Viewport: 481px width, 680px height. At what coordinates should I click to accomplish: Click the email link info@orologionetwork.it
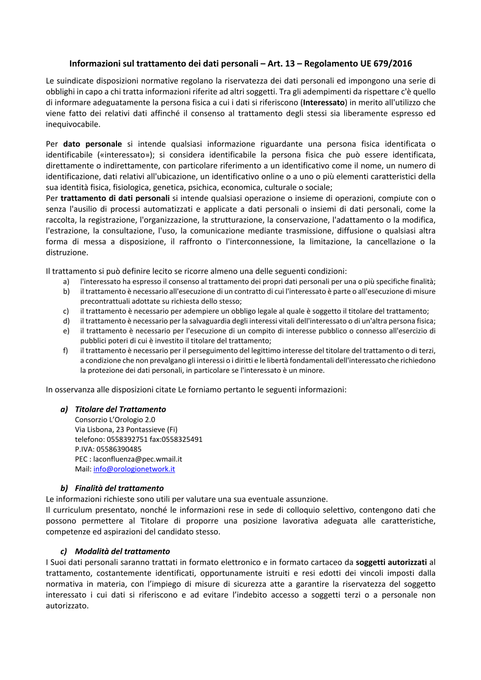134,469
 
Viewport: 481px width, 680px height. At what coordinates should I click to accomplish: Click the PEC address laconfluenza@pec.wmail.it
138,459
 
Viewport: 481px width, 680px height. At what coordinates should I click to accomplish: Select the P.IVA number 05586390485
119,449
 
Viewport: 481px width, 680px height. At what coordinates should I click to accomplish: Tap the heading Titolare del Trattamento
120,410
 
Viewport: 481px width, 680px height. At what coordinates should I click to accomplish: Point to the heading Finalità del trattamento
119,488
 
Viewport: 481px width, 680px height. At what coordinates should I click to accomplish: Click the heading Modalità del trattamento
122,551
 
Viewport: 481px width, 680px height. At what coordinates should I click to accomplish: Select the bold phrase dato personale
92,144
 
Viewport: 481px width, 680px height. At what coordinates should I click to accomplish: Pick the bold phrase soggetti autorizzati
391,562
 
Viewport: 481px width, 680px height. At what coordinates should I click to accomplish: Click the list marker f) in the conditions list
65,351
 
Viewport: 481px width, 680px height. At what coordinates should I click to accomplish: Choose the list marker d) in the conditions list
66,321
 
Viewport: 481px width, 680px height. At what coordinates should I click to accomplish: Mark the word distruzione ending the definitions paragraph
66,252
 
